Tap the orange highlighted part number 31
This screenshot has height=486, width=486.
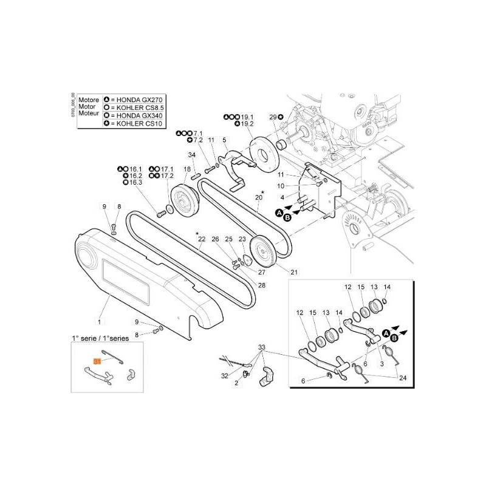click(96, 361)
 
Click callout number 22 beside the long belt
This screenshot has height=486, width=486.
click(202, 240)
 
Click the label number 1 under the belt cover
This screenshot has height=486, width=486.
click(100, 320)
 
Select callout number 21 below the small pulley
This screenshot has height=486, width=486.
click(294, 272)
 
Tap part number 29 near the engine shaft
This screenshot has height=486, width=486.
click(273, 117)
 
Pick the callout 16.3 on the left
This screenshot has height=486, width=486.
click(135, 182)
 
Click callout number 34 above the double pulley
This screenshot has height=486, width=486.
click(191, 155)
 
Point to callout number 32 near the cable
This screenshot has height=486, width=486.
click(225, 376)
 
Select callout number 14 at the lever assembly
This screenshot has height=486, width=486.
click(387, 287)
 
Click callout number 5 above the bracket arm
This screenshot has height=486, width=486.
click(225, 140)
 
